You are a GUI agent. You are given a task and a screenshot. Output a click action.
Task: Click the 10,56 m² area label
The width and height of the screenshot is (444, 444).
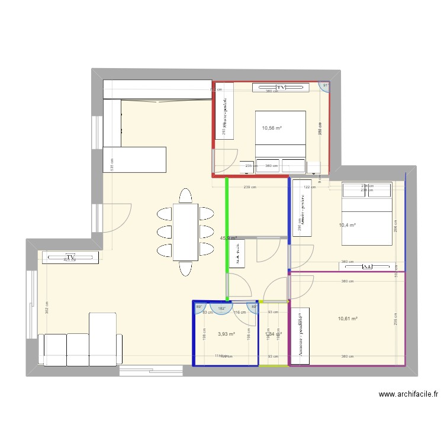[272, 128]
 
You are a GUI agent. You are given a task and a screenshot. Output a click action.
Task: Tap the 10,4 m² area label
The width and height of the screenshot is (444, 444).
[348, 226]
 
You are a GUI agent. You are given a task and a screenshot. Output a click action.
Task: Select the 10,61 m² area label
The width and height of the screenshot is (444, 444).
[348, 319]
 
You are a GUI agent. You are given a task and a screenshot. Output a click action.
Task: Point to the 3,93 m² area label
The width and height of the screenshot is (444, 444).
[226, 334]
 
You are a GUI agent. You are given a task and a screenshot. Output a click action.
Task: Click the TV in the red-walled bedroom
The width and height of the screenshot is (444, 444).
[281, 88]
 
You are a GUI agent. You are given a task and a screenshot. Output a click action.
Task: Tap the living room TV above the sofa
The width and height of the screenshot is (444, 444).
[70, 258]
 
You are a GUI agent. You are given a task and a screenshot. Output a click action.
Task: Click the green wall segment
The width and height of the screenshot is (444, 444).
[227, 237]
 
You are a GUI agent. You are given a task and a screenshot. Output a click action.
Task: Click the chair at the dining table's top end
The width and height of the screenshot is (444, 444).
[185, 196]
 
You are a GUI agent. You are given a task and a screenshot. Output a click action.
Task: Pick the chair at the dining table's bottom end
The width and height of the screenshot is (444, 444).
[185, 269]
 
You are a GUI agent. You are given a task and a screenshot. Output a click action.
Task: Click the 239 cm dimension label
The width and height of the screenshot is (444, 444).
[250, 188]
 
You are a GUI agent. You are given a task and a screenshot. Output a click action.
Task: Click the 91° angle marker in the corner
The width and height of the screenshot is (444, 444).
[325, 86]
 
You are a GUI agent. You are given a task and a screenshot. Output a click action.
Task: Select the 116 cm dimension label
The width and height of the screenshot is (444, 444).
[240, 313]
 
